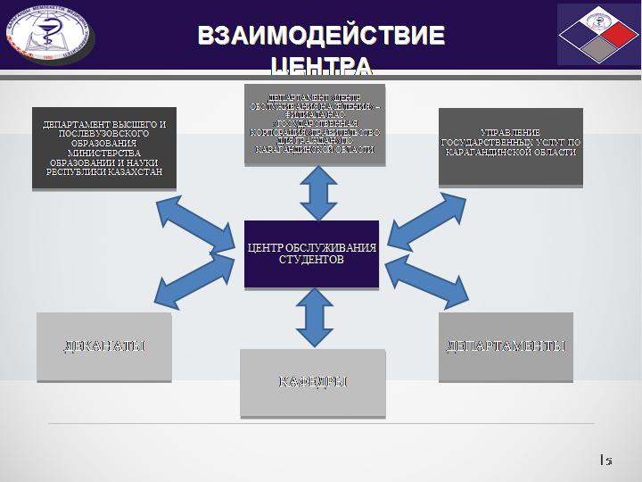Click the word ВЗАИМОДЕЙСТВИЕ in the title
[x=321, y=36]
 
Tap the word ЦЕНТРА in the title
[x=321, y=65]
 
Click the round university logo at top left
[x=51, y=33]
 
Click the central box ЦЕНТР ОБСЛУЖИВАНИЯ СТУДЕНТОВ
[x=311, y=253]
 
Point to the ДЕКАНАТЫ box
[x=103, y=346]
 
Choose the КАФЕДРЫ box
[x=312, y=383]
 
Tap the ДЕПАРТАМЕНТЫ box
[x=506, y=346]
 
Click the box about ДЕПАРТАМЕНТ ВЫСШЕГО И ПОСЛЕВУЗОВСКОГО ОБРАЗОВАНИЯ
[x=103, y=148]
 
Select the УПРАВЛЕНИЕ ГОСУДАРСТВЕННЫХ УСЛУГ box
[x=510, y=146]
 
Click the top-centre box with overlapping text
[x=315, y=124]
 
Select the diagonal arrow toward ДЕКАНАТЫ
[x=188, y=278]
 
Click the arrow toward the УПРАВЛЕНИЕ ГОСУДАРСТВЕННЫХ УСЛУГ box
[x=419, y=223]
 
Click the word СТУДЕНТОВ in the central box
[x=311, y=261]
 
